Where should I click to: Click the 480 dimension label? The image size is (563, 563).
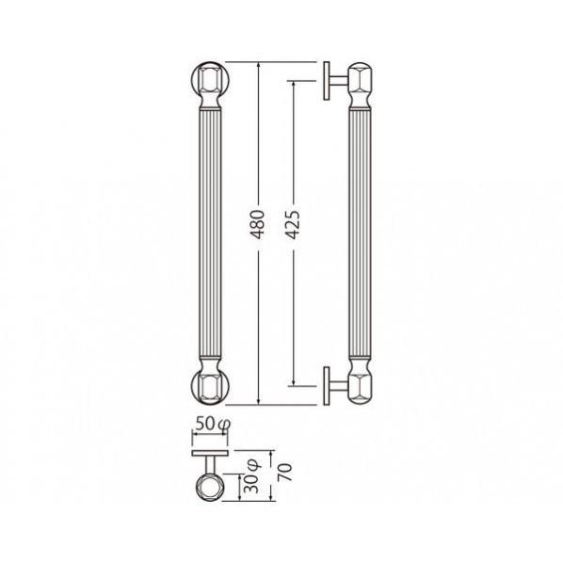click(x=258, y=225)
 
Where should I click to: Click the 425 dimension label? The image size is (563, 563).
click(x=293, y=225)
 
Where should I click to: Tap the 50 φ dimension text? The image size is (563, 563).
click(x=213, y=424)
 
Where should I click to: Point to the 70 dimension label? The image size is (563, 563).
click(x=284, y=473)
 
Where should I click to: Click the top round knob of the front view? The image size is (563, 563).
click(x=210, y=81)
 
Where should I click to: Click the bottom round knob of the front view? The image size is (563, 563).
click(x=210, y=386)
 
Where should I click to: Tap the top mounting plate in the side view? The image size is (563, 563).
click(x=327, y=81)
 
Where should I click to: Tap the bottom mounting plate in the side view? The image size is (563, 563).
click(x=327, y=386)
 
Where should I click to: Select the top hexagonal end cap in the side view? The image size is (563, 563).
click(x=361, y=80)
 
